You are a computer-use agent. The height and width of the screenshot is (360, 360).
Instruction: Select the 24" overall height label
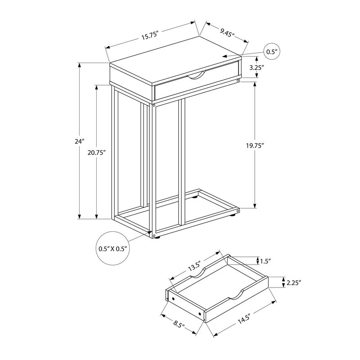(80, 141)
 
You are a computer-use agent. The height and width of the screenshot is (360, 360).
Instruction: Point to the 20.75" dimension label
(97, 153)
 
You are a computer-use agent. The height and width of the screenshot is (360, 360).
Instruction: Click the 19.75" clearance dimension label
(255, 145)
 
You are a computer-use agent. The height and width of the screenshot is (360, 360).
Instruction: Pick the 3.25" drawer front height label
(256, 67)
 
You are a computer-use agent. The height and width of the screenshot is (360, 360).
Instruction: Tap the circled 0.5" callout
(270, 52)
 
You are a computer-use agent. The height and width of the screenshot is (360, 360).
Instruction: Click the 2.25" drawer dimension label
(293, 283)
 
